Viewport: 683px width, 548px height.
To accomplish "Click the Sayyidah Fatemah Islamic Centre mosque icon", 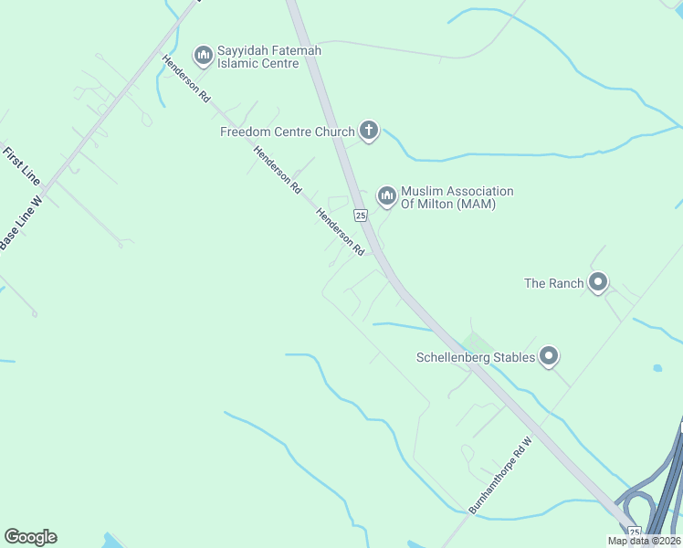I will pos(203,57).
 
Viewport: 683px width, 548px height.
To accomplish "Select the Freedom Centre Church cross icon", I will pos(369,132).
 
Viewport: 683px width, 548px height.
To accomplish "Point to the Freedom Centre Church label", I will pos(287,132).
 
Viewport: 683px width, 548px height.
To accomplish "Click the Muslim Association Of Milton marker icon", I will pos(386,196).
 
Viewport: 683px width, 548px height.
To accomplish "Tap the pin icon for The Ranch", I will pos(598,282).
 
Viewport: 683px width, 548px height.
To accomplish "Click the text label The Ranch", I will pos(553,283).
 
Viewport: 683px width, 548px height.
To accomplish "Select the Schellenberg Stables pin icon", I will pos(549,356).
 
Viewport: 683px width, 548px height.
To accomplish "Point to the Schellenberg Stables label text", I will pos(475,357).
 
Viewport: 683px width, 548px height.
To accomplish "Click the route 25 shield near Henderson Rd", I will pos(360,216).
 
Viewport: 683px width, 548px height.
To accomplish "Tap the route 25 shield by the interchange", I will pos(635,531).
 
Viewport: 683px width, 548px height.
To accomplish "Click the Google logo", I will pos(30,537).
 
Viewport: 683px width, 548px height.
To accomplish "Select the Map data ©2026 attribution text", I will pos(644,541).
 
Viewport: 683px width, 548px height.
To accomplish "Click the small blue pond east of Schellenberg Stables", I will pos(657,368).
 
